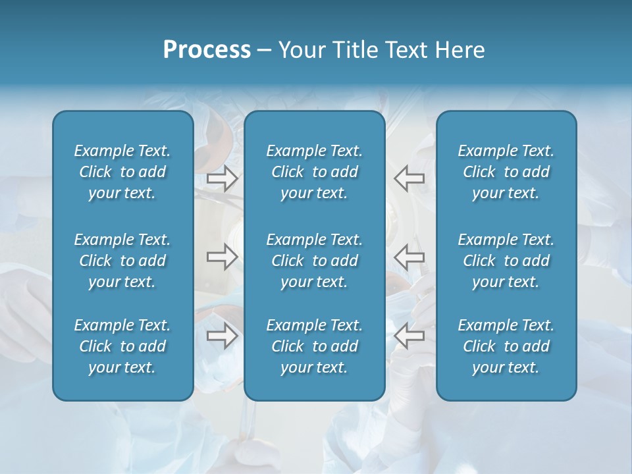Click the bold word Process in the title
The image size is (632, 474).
click(x=207, y=50)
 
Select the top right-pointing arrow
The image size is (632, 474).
click(x=222, y=178)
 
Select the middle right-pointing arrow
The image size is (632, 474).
click(x=222, y=257)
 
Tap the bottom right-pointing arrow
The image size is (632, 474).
click(x=222, y=336)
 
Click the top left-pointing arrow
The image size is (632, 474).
click(x=409, y=178)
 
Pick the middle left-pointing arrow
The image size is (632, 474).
click(x=409, y=257)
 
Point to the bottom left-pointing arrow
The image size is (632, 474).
click(x=409, y=336)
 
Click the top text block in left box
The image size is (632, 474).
click(x=122, y=172)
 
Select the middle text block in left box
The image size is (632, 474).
click(x=122, y=261)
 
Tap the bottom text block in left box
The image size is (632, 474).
click(x=122, y=346)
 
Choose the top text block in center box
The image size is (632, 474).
click(x=315, y=172)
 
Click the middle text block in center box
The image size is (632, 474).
click(x=315, y=261)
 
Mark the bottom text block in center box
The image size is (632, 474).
click(x=315, y=346)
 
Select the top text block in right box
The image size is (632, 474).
click(x=506, y=172)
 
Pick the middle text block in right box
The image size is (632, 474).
click(x=506, y=261)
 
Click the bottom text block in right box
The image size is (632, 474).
click(x=506, y=346)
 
